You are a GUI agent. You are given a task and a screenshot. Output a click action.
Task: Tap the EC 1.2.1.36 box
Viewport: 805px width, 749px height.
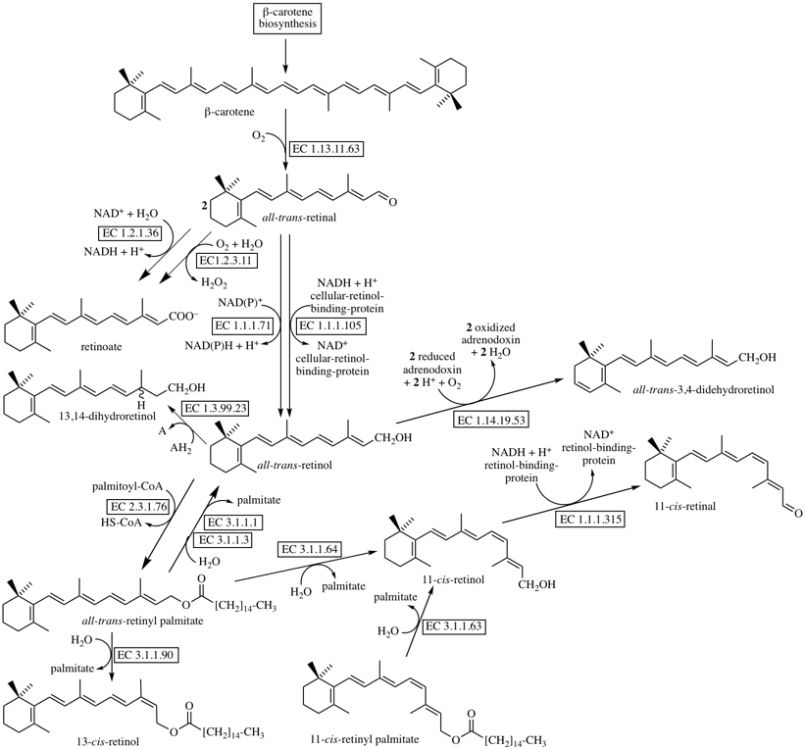(133, 232)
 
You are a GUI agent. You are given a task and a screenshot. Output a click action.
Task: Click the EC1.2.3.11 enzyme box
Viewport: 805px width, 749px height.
(230, 261)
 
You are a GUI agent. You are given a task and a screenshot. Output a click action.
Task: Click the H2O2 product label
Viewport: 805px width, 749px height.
(216, 281)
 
